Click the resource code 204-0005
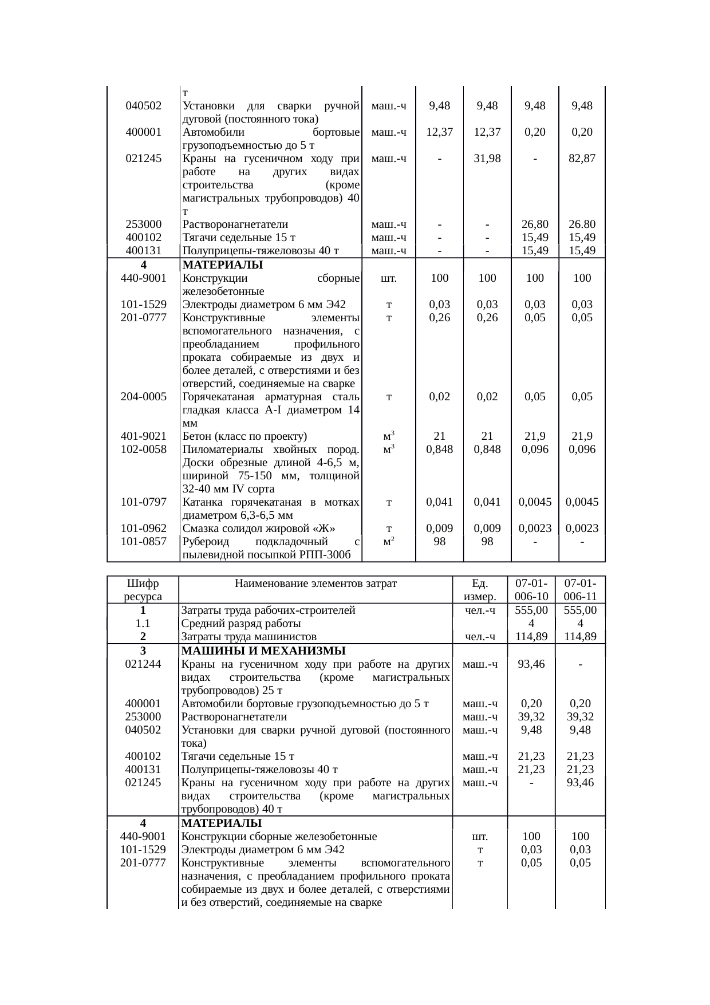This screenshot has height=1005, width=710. (144, 397)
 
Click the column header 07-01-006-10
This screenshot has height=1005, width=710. (531, 590)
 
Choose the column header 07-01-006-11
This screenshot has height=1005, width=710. (581, 590)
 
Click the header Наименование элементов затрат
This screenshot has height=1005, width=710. (315, 584)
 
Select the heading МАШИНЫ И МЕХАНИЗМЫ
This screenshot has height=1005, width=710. (263, 651)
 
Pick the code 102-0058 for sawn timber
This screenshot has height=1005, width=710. (144, 450)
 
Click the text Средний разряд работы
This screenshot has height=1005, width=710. (241, 624)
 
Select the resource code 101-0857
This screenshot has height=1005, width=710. (144, 542)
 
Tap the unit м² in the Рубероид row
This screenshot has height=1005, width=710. (389, 542)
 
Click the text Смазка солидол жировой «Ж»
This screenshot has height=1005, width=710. (258, 529)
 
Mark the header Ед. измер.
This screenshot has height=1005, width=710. (480, 590)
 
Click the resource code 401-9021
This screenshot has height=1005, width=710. (144, 436)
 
